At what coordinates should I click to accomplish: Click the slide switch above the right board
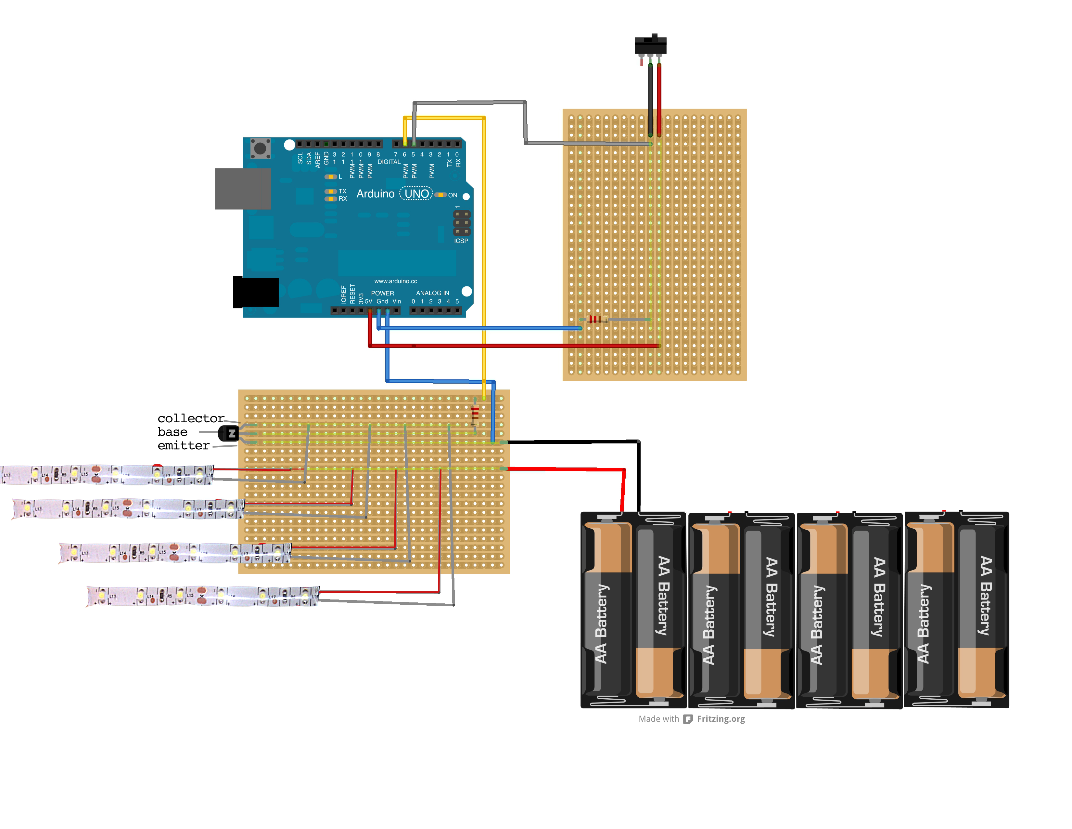point(650,45)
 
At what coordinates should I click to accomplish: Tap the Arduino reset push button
point(260,148)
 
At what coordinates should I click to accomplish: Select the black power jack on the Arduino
point(256,293)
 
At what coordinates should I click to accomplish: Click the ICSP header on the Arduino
point(461,223)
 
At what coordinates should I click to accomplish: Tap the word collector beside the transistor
point(190,418)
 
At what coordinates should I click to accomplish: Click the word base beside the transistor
point(172,432)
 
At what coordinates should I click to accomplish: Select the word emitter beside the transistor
point(183,445)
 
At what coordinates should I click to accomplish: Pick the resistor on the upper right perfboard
point(595,320)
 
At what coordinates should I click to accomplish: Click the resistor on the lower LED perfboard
point(475,415)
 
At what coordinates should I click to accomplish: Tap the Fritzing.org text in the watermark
point(721,719)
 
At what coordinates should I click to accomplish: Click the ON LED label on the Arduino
point(453,195)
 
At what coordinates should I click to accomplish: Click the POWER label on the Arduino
point(382,293)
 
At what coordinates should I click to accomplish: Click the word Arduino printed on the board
point(375,194)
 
